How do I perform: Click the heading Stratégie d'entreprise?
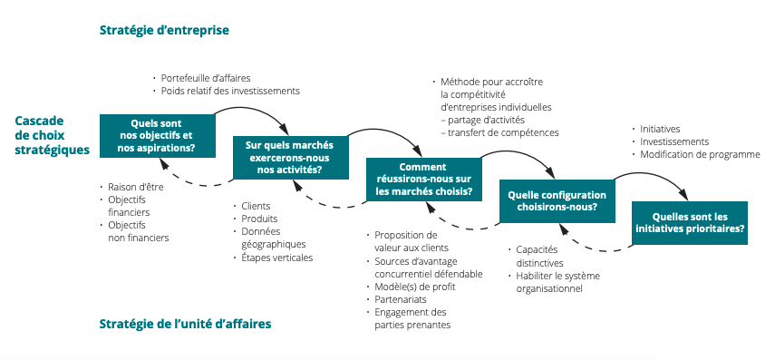164,30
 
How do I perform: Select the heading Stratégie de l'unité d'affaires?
185,323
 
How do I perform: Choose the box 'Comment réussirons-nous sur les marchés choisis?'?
423,179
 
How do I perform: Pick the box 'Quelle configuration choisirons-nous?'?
557,200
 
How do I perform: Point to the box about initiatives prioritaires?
690,223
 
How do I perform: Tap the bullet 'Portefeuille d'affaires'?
206,77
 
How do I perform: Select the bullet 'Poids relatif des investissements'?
230,91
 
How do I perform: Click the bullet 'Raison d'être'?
132,187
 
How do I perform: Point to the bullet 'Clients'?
257,206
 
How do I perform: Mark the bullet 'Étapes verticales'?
276,257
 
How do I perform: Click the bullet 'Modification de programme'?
700,154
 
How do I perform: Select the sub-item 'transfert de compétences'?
499,132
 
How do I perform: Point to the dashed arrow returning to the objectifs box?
199,184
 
